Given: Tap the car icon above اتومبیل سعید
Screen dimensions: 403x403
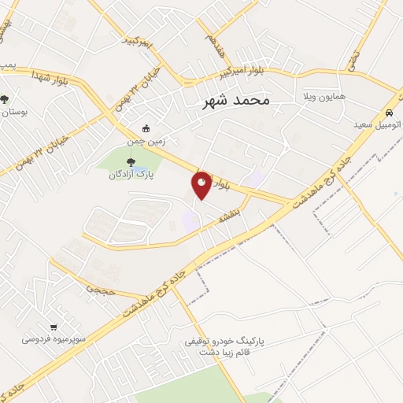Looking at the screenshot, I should click(391, 112).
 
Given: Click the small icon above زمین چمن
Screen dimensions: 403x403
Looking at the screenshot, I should click(145, 128).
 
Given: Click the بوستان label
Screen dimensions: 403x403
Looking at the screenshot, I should click(13, 113).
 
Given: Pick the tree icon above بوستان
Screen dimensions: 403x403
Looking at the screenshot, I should click(5, 99).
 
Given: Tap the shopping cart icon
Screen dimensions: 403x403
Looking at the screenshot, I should click(54, 327).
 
